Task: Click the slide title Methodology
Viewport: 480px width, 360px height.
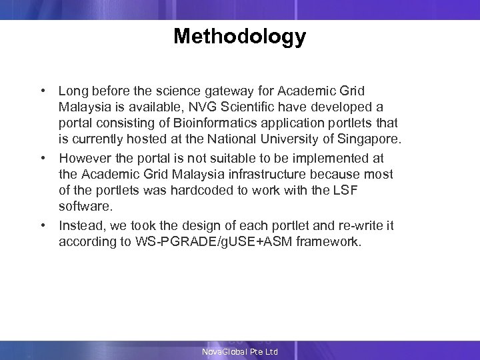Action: pyautogui.click(x=239, y=36)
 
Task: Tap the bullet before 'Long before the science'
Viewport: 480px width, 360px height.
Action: pyautogui.click(x=42, y=90)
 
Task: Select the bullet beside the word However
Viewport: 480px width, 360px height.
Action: pyautogui.click(x=42, y=158)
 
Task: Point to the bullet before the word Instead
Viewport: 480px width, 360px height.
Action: pyautogui.click(x=42, y=226)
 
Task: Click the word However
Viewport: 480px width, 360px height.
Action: pyautogui.click(x=83, y=158)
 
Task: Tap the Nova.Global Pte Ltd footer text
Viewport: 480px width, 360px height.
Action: pyautogui.click(x=240, y=351)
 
